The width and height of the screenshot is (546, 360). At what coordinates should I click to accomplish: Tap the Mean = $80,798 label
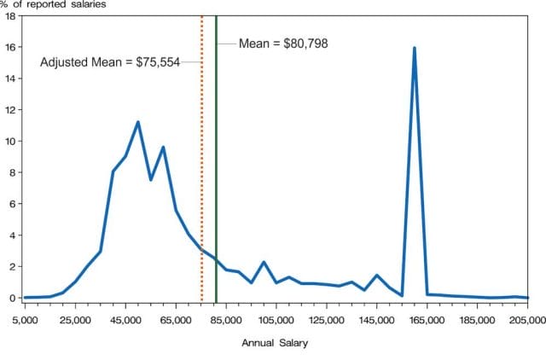283,43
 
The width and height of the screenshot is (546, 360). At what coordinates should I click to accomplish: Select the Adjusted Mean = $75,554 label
110,62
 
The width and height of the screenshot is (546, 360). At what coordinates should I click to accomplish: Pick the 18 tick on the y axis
11,16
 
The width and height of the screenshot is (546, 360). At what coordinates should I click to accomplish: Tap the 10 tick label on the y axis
11,141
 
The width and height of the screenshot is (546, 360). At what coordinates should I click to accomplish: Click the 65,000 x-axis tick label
176,320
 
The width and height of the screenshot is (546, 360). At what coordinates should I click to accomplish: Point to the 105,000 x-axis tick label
276,320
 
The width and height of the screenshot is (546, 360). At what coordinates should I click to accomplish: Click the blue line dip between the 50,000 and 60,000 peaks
150,179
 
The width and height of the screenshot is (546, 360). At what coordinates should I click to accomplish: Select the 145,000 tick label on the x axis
376,320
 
